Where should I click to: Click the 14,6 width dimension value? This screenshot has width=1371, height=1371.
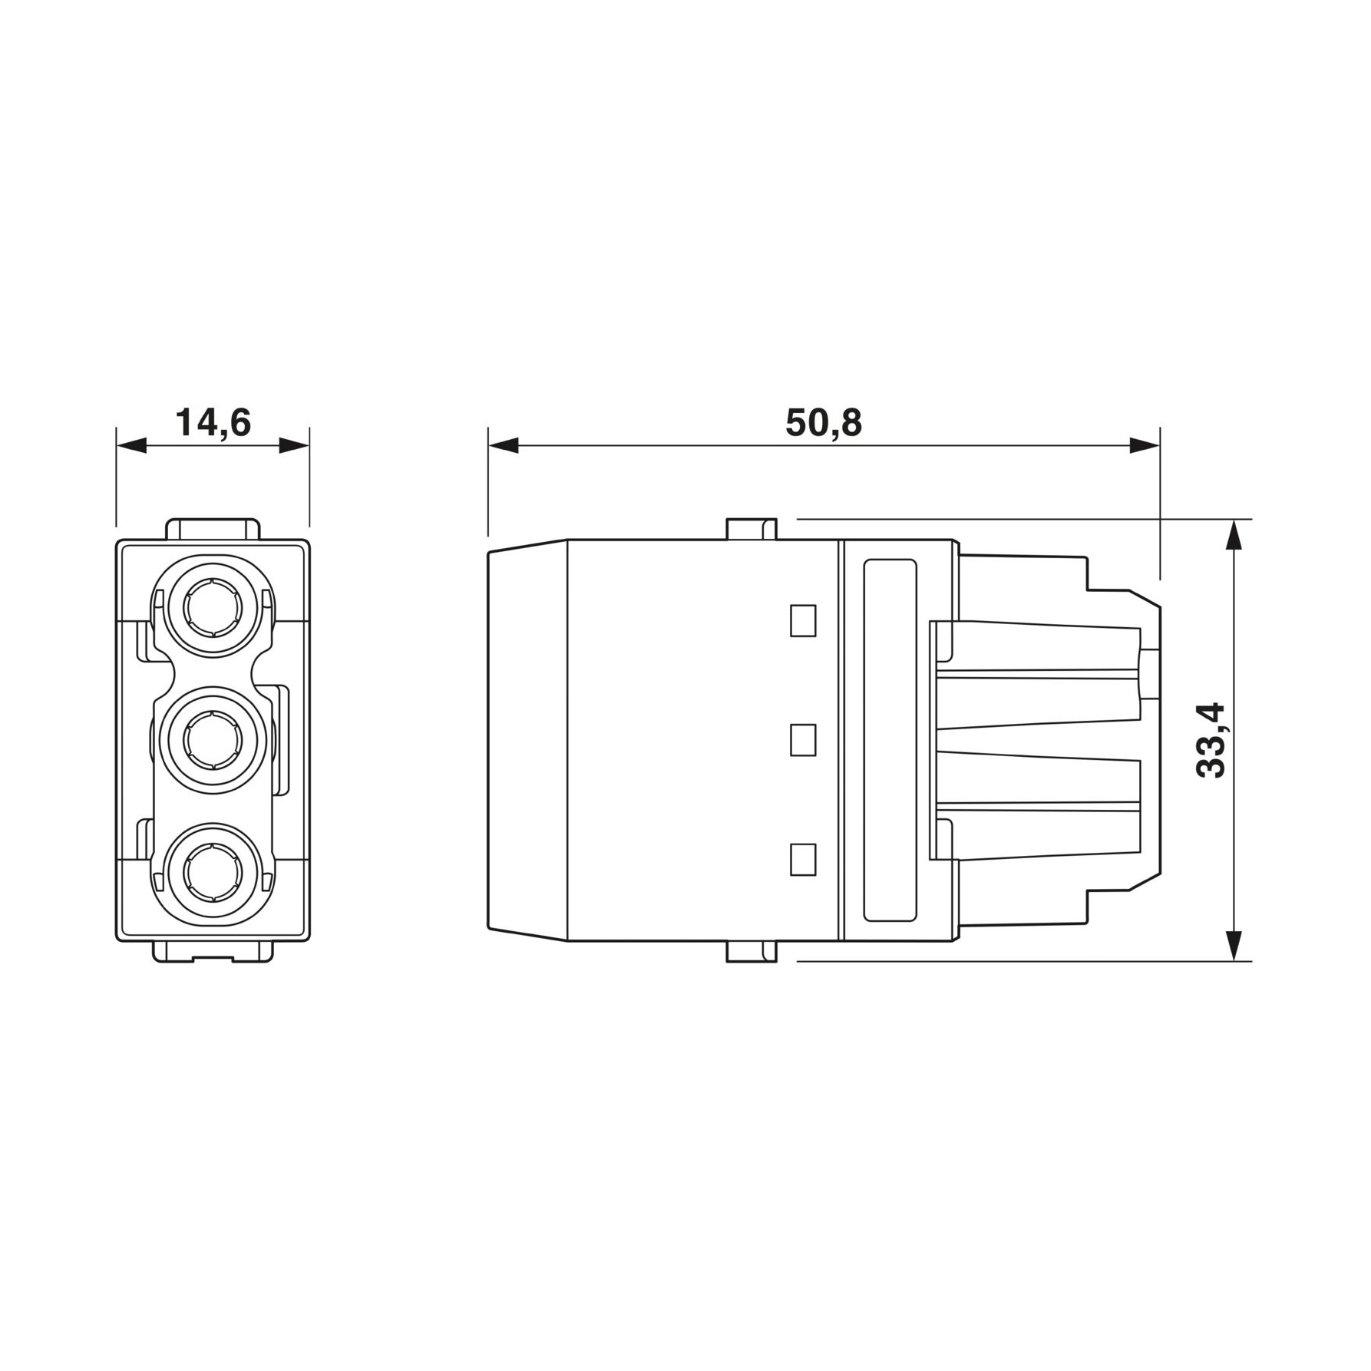pyautogui.click(x=213, y=423)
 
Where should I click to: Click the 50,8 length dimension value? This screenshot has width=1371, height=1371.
pyautogui.click(x=824, y=423)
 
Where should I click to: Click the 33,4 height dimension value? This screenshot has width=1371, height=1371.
pyautogui.click(x=1211, y=741)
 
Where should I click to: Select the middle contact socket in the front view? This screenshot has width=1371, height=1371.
pyautogui.click(x=213, y=741)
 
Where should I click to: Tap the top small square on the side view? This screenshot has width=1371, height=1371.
pyautogui.click(x=803, y=620)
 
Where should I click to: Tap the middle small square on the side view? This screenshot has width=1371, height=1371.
pyautogui.click(x=803, y=740)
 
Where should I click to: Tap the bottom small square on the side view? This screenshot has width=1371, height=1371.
pyautogui.click(x=803, y=860)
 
